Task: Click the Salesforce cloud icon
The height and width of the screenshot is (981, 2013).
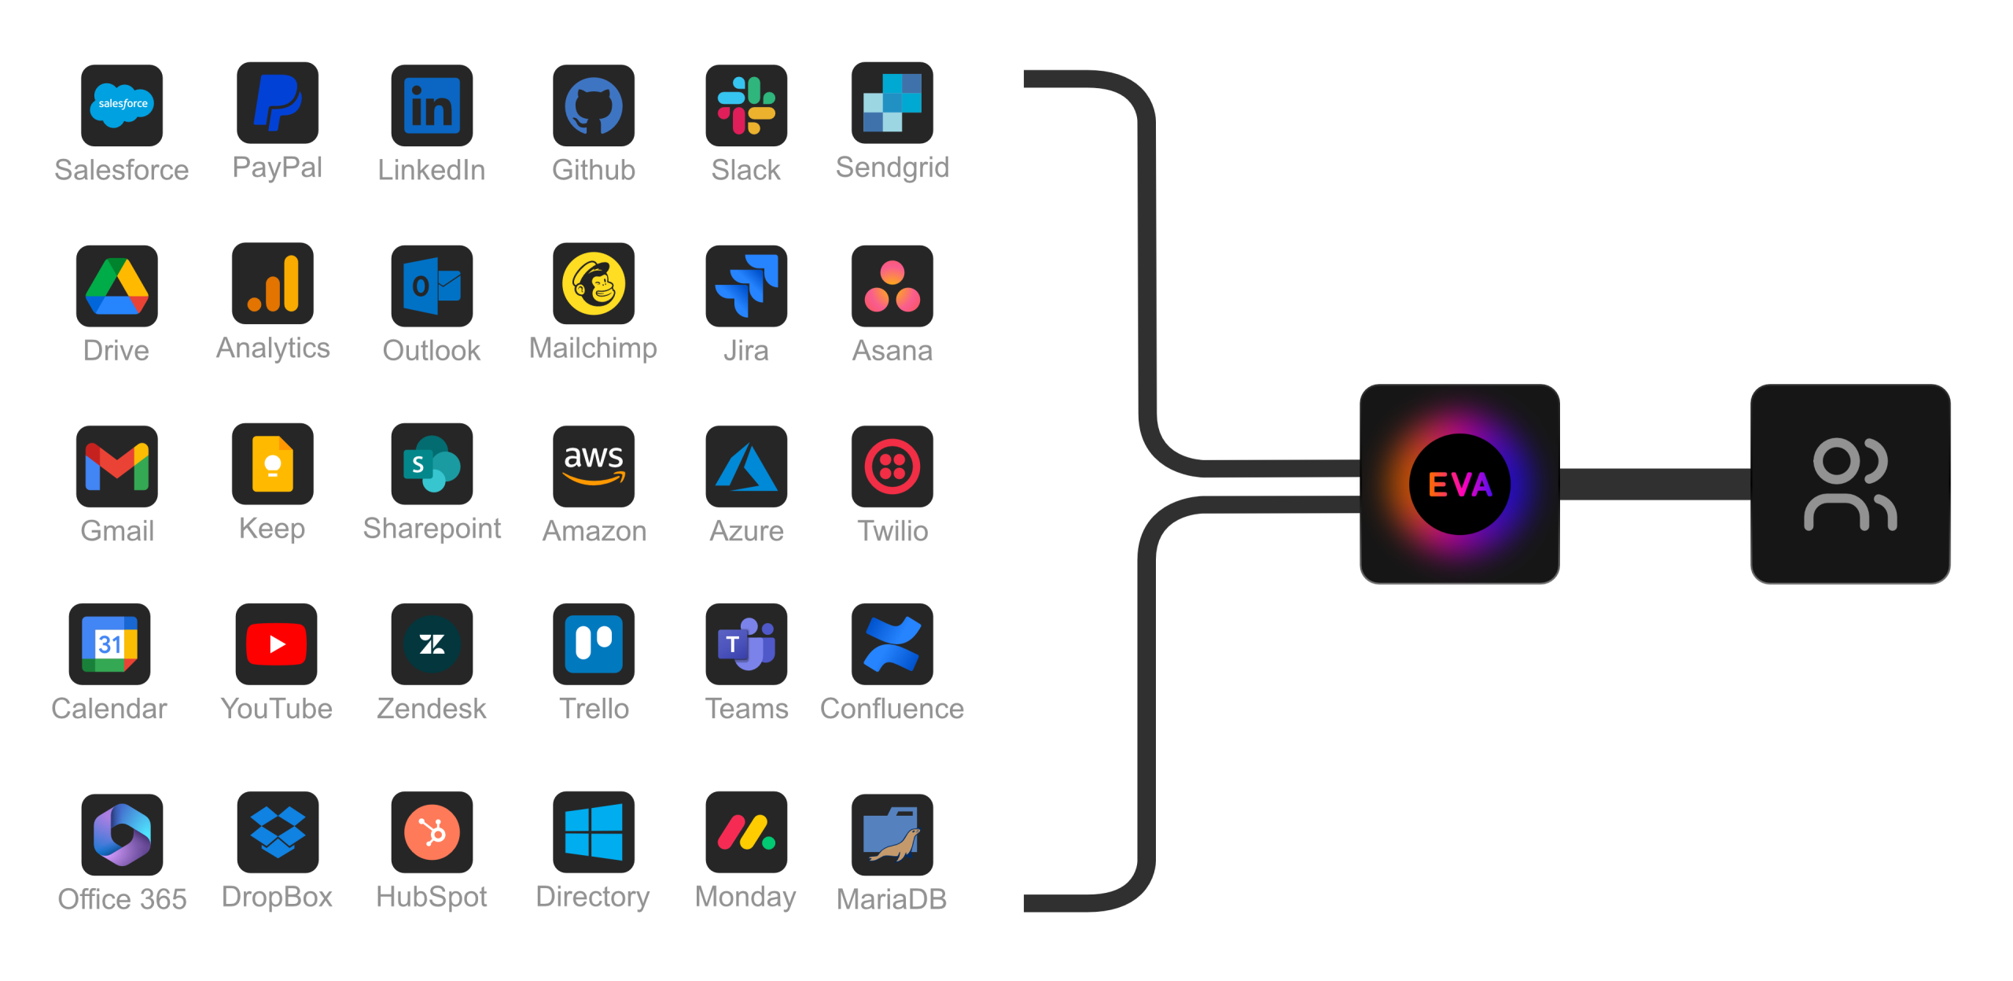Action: point(122,105)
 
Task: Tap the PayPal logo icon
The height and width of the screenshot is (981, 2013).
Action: point(278,103)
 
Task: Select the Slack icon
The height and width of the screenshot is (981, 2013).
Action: point(746,105)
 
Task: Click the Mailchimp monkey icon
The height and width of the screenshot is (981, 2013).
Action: point(594,284)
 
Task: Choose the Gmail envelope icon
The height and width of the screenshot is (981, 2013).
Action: point(117,466)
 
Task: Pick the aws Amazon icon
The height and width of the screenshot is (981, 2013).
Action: point(594,466)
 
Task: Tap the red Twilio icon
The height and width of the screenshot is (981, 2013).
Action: point(892,466)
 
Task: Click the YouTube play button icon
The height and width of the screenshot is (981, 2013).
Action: point(276,644)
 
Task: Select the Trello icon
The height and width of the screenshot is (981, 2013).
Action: point(594,644)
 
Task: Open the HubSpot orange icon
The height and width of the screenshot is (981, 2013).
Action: point(432,832)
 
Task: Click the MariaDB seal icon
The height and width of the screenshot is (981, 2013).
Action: point(892,834)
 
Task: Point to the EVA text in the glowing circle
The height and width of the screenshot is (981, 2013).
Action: point(1459,485)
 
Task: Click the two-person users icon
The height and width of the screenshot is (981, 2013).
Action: point(1849,485)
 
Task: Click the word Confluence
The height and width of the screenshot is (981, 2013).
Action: point(892,709)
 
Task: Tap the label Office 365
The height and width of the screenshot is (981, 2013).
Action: point(122,898)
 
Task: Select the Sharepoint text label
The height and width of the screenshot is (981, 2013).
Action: point(432,529)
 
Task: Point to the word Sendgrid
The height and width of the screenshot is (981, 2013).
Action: point(892,168)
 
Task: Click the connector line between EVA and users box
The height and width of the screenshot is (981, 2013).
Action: point(1654,485)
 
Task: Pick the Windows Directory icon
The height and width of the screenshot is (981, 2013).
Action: point(594,832)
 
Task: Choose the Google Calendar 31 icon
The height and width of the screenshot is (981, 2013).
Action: point(109,644)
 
